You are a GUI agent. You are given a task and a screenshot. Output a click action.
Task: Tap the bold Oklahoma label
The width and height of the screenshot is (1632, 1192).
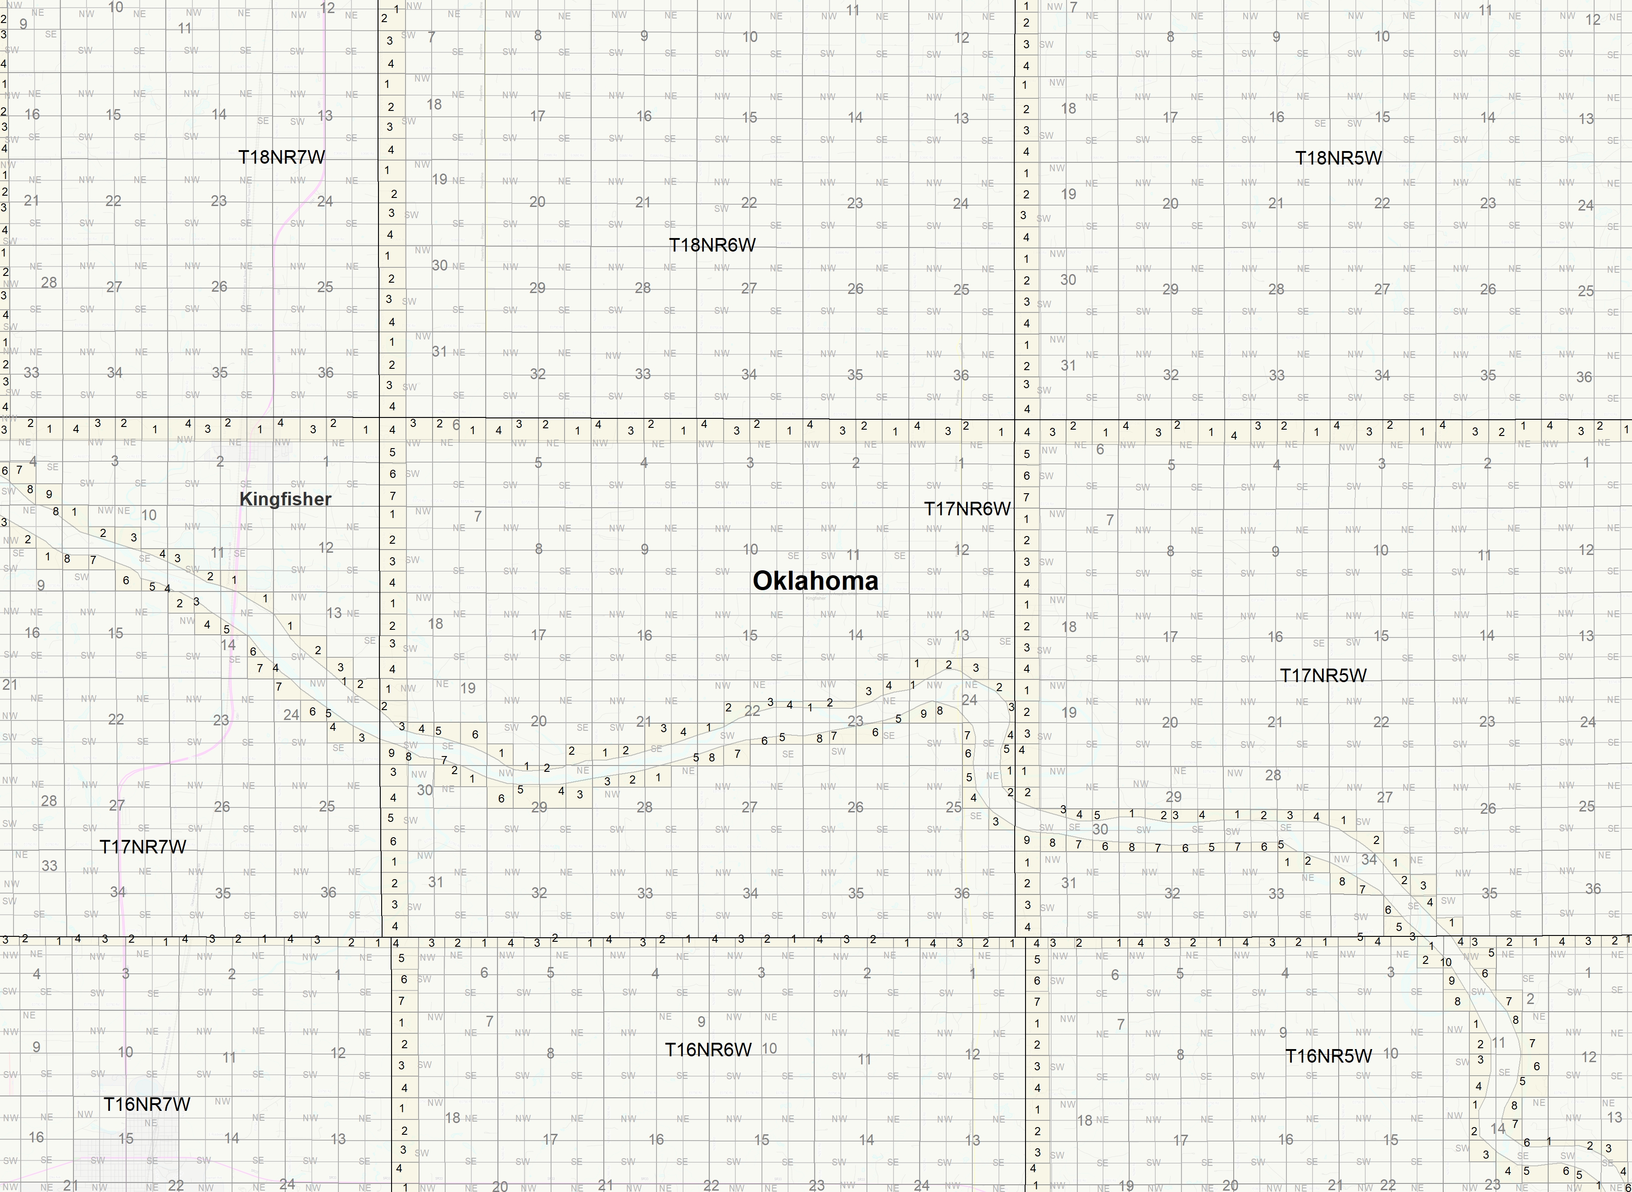coord(815,581)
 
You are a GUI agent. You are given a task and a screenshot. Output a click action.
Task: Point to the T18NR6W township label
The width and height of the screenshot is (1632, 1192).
coord(712,245)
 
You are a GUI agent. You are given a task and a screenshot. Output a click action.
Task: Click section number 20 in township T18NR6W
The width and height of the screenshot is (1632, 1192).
coord(537,202)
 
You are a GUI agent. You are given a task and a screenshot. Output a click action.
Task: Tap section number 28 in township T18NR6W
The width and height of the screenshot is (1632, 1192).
coord(643,288)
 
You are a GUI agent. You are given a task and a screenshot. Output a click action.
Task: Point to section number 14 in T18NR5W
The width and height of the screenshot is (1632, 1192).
coord(1488,117)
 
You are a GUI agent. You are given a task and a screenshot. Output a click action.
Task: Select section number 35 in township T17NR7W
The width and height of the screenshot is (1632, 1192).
coord(223,893)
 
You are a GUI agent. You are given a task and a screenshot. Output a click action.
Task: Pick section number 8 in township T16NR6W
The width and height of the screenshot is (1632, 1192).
coord(550,1054)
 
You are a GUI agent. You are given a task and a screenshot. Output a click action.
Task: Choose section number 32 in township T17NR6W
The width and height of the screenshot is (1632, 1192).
coord(539,893)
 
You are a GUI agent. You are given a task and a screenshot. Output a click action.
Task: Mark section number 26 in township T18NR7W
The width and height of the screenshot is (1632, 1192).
coord(219,286)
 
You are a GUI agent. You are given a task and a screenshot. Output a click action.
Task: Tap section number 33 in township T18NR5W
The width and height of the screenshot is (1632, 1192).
coord(1276,375)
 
